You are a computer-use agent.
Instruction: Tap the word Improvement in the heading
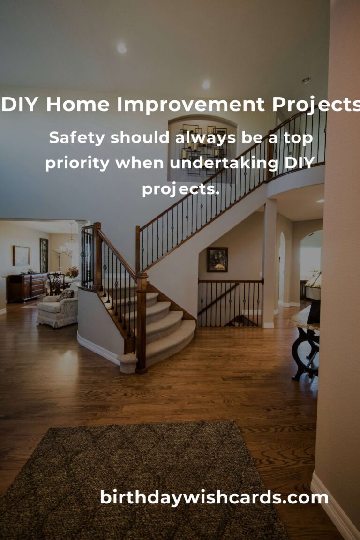coord(191,105)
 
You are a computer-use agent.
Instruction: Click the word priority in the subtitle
coord(77,163)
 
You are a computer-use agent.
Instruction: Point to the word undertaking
coord(224,163)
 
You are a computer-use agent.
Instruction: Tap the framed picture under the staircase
coord(217,259)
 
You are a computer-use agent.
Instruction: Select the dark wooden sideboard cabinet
coord(27,287)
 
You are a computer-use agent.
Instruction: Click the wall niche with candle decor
coord(202,149)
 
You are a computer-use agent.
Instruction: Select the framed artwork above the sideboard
coord(22,255)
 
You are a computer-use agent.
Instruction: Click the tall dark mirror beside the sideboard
coord(44,255)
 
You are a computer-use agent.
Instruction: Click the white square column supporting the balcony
coord(269,263)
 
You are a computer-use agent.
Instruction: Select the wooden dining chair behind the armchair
coord(56,284)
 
